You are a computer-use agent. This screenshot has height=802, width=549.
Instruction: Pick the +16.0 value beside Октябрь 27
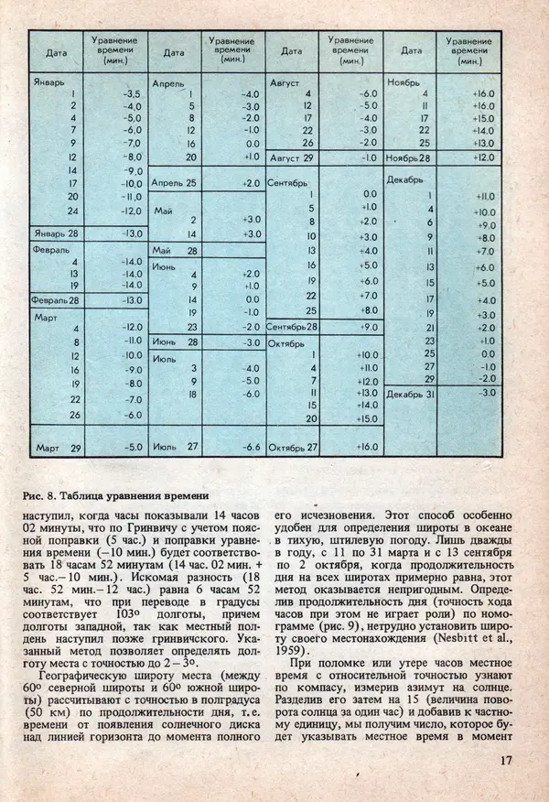click(x=367, y=448)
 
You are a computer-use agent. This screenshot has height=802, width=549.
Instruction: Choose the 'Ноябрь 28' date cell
click(x=409, y=157)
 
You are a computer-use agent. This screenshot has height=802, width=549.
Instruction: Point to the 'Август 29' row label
click(x=293, y=157)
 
